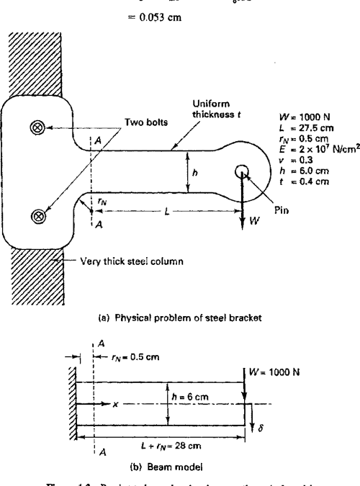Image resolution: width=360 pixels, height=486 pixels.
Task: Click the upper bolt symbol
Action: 37,127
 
